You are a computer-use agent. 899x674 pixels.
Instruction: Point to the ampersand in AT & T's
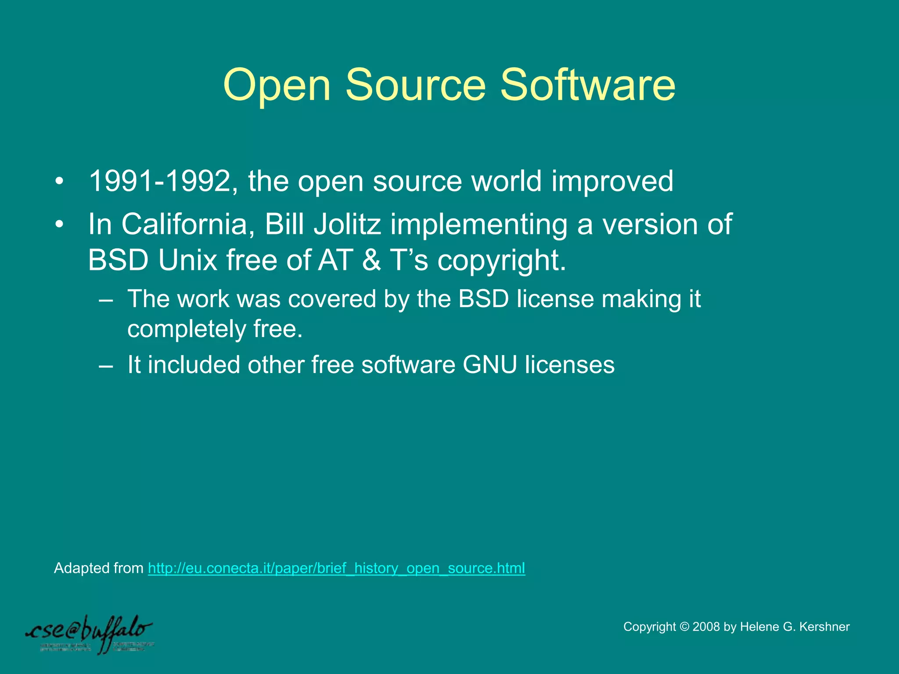click(x=371, y=260)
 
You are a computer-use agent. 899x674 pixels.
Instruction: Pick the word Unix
click(x=187, y=260)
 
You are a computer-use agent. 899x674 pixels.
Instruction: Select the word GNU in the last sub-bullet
click(x=489, y=365)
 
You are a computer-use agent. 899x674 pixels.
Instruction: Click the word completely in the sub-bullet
click(x=187, y=330)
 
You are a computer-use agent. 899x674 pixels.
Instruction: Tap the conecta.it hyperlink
click(x=336, y=568)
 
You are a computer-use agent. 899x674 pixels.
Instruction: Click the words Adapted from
click(x=98, y=568)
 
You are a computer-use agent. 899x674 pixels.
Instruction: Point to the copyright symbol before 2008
click(x=684, y=627)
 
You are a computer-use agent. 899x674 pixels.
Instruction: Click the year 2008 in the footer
click(x=706, y=627)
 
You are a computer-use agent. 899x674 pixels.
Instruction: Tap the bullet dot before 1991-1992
click(x=60, y=181)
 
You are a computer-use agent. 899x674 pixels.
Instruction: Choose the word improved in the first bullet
click(x=612, y=181)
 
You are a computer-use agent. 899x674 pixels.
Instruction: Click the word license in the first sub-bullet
click(x=555, y=299)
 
